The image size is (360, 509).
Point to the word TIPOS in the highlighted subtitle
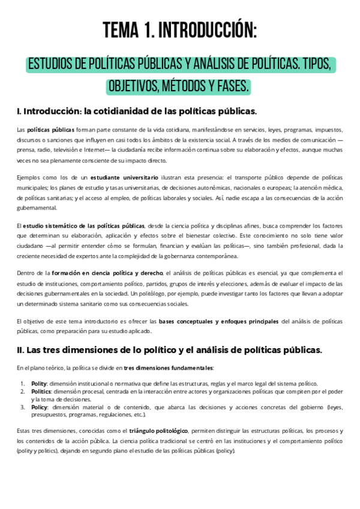pos(319,64)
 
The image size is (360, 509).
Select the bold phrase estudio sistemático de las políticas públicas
pos(83,225)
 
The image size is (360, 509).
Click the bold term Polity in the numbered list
pos(38,384)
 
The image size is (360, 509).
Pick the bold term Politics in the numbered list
pos(41,391)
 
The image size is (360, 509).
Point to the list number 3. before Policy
pos(22,407)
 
